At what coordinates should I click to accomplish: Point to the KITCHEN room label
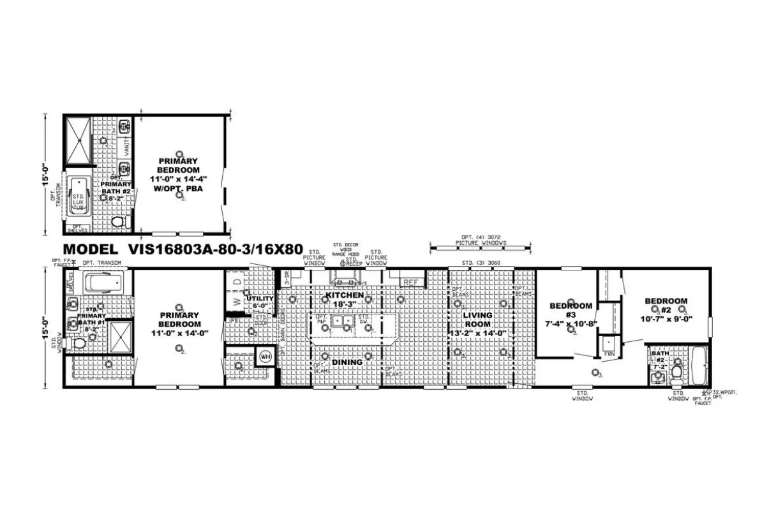click(x=345, y=296)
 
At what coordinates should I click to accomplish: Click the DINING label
click(x=347, y=362)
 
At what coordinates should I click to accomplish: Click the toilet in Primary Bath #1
click(x=78, y=344)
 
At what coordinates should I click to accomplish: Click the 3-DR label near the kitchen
click(x=288, y=277)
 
